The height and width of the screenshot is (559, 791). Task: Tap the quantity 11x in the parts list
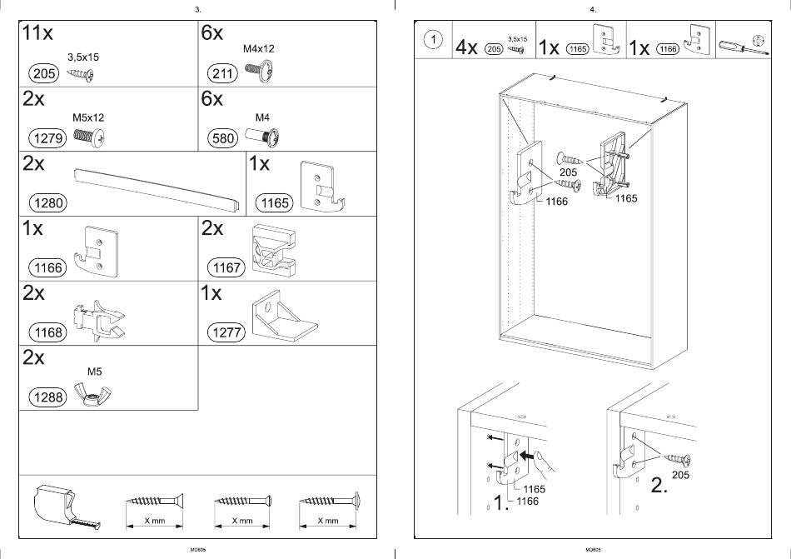click(38, 33)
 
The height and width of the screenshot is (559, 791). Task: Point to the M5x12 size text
click(87, 118)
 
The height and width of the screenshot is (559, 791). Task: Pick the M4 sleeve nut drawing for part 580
click(265, 137)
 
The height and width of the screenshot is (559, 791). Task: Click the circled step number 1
click(433, 40)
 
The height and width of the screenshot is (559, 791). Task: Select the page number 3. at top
click(197, 9)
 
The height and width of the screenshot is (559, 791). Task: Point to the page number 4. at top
click(593, 9)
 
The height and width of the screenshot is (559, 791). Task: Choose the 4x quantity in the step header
click(466, 47)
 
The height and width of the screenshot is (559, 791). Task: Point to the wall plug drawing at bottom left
click(67, 506)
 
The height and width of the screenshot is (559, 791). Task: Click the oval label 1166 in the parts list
click(44, 267)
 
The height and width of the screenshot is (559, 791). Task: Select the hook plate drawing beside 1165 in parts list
click(321, 186)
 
